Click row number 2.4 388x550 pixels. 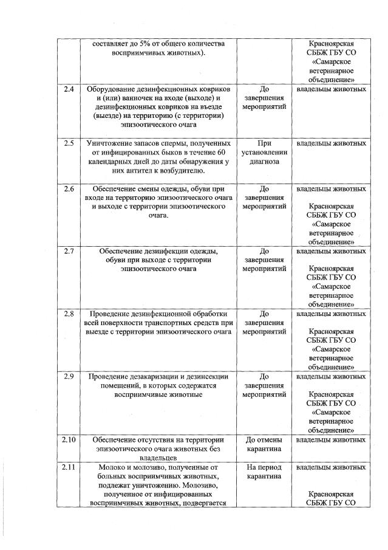point(69,89)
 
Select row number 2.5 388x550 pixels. point(69,143)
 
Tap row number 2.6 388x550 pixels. point(69,189)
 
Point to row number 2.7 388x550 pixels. point(69,250)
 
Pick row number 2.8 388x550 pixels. point(69,314)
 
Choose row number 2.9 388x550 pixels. point(69,376)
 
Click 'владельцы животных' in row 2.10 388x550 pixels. point(331,439)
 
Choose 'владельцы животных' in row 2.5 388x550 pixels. point(331,143)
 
